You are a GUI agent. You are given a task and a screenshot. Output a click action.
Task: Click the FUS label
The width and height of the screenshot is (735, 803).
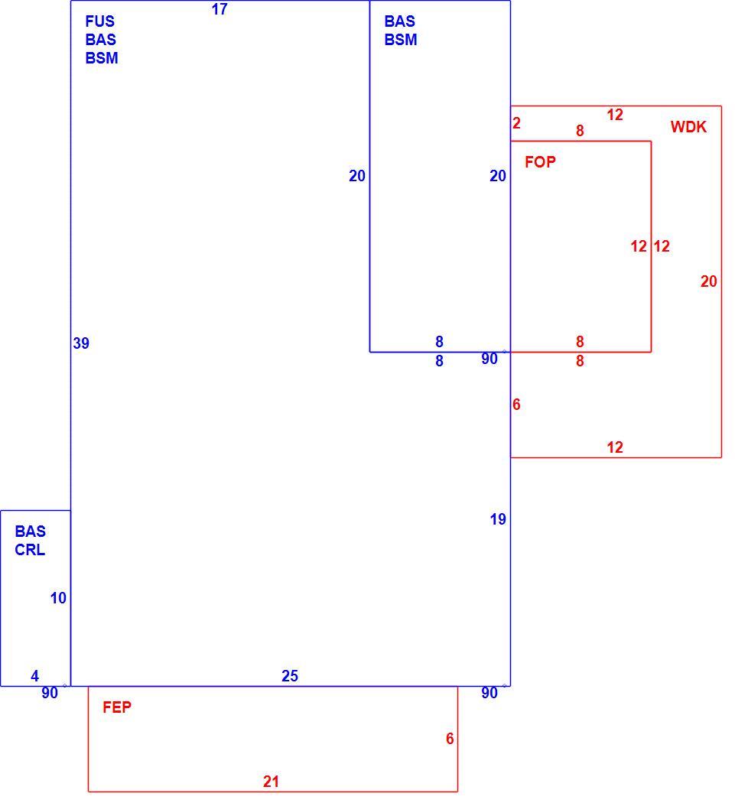click(x=100, y=21)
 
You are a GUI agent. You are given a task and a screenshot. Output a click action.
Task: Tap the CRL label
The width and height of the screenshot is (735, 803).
click(x=30, y=550)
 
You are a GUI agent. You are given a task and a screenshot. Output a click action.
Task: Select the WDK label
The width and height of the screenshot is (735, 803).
click(x=688, y=127)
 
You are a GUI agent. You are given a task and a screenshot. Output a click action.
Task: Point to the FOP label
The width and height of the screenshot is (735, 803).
click(x=541, y=162)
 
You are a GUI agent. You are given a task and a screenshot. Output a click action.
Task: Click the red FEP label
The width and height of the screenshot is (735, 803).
click(x=117, y=707)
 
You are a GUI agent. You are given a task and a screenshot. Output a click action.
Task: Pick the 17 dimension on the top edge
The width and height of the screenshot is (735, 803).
click(x=220, y=9)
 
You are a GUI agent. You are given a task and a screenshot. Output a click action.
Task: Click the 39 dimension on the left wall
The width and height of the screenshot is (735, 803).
click(x=81, y=343)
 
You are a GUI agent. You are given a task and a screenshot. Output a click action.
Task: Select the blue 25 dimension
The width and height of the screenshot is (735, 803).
click(x=289, y=676)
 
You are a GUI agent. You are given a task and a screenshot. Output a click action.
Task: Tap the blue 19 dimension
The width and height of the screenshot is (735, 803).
click(x=498, y=519)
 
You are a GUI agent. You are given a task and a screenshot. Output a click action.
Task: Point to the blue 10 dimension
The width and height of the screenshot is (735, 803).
click(x=58, y=597)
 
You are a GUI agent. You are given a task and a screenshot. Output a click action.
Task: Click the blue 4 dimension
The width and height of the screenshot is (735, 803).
click(x=35, y=676)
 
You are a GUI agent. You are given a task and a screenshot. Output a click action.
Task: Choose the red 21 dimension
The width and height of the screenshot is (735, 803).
click(x=271, y=782)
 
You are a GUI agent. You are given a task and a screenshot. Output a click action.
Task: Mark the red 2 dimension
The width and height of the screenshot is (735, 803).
click(x=516, y=123)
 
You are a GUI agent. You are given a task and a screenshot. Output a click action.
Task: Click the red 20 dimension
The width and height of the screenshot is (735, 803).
click(x=709, y=281)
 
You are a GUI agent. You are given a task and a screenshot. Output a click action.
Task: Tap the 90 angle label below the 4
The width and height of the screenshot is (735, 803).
click(x=50, y=693)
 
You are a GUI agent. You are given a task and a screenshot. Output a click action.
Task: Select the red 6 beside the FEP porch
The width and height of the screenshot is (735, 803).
click(x=450, y=739)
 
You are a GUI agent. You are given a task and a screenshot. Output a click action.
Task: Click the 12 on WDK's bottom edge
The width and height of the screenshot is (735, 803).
click(x=615, y=447)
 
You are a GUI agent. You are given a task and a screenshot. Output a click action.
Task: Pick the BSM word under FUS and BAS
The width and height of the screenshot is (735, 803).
click(x=102, y=58)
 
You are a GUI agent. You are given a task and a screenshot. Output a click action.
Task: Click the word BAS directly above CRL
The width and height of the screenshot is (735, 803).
click(x=31, y=532)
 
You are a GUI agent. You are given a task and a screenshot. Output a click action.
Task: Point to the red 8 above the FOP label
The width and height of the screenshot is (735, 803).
click(x=580, y=131)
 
